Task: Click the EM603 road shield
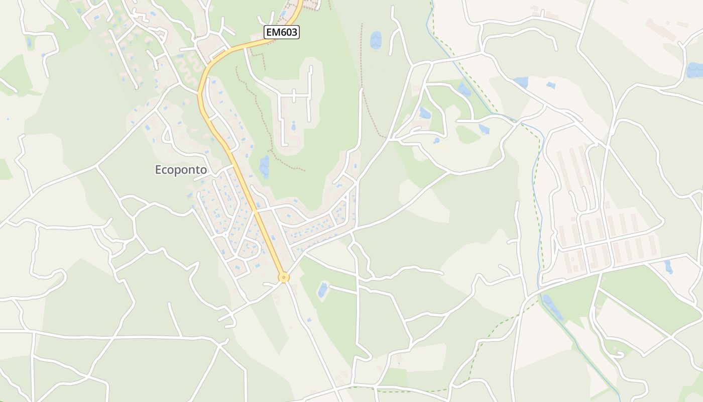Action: (282, 33)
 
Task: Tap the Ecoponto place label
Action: (181, 170)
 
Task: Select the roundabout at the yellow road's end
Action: (284, 277)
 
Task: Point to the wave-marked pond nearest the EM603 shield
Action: (376, 40)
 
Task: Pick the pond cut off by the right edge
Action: (695, 70)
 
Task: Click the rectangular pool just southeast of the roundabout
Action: (322, 289)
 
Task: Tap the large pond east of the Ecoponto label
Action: (264, 166)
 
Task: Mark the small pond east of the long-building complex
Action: (668, 266)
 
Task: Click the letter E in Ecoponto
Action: (158, 170)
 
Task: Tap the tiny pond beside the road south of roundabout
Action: (309, 319)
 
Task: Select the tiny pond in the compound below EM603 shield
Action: (293, 126)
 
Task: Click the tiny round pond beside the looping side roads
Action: (437, 140)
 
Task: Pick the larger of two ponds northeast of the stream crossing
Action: (520, 82)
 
